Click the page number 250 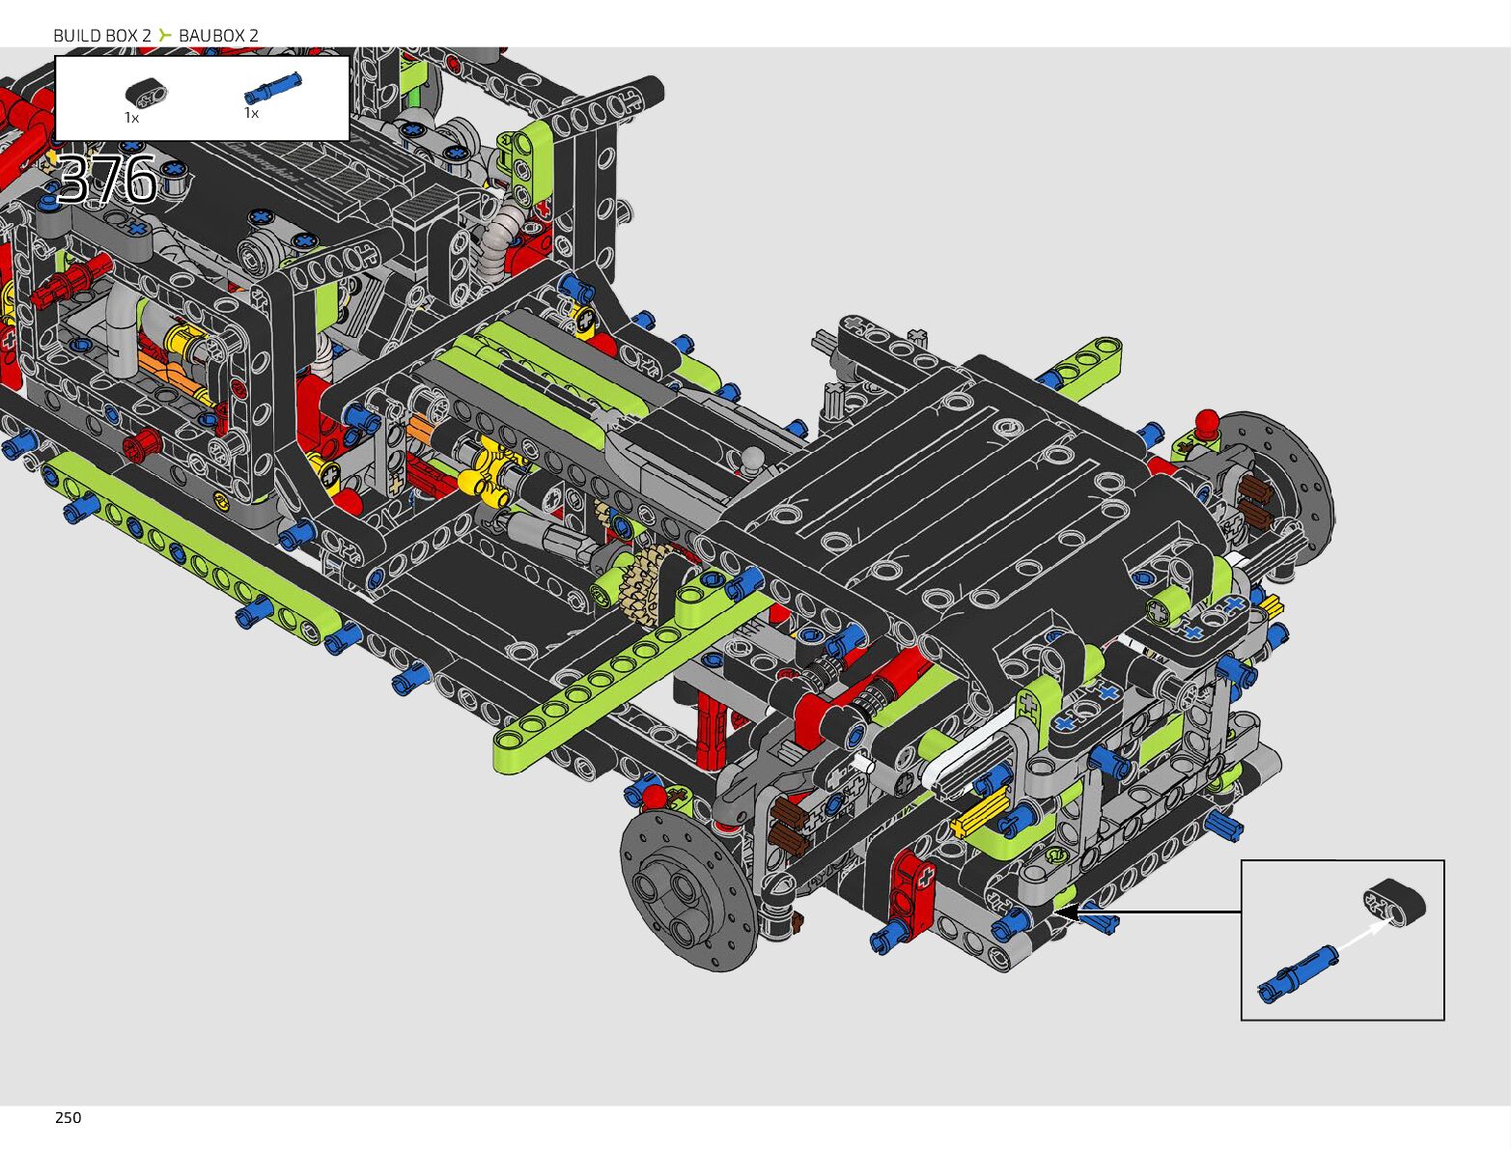click(69, 1118)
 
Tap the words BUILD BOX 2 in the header click(102, 35)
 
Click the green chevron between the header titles click(164, 35)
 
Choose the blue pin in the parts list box click(272, 88)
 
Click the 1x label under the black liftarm click(131, 118)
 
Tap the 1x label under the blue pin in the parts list click(251, 113)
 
